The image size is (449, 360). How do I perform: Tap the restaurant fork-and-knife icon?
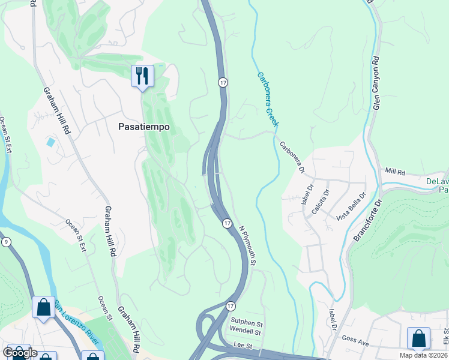click(x=142, y=76)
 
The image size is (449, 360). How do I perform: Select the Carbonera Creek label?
click(x=268, y=99)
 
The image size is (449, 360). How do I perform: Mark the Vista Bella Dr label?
click(x=351, y=207)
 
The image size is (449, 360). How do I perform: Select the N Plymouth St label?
click(x=248, y=246)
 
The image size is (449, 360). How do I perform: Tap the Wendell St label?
click(x=246, y=332)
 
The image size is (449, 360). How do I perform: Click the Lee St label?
click(x=242, y=346)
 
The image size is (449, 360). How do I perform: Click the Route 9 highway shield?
click(x=6, y=242)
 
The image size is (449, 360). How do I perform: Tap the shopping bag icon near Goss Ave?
click(x=418, y=338)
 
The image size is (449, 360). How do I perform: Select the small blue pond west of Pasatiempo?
click(x=50, y=143)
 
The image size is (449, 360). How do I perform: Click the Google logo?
click(x=20, y=353)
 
